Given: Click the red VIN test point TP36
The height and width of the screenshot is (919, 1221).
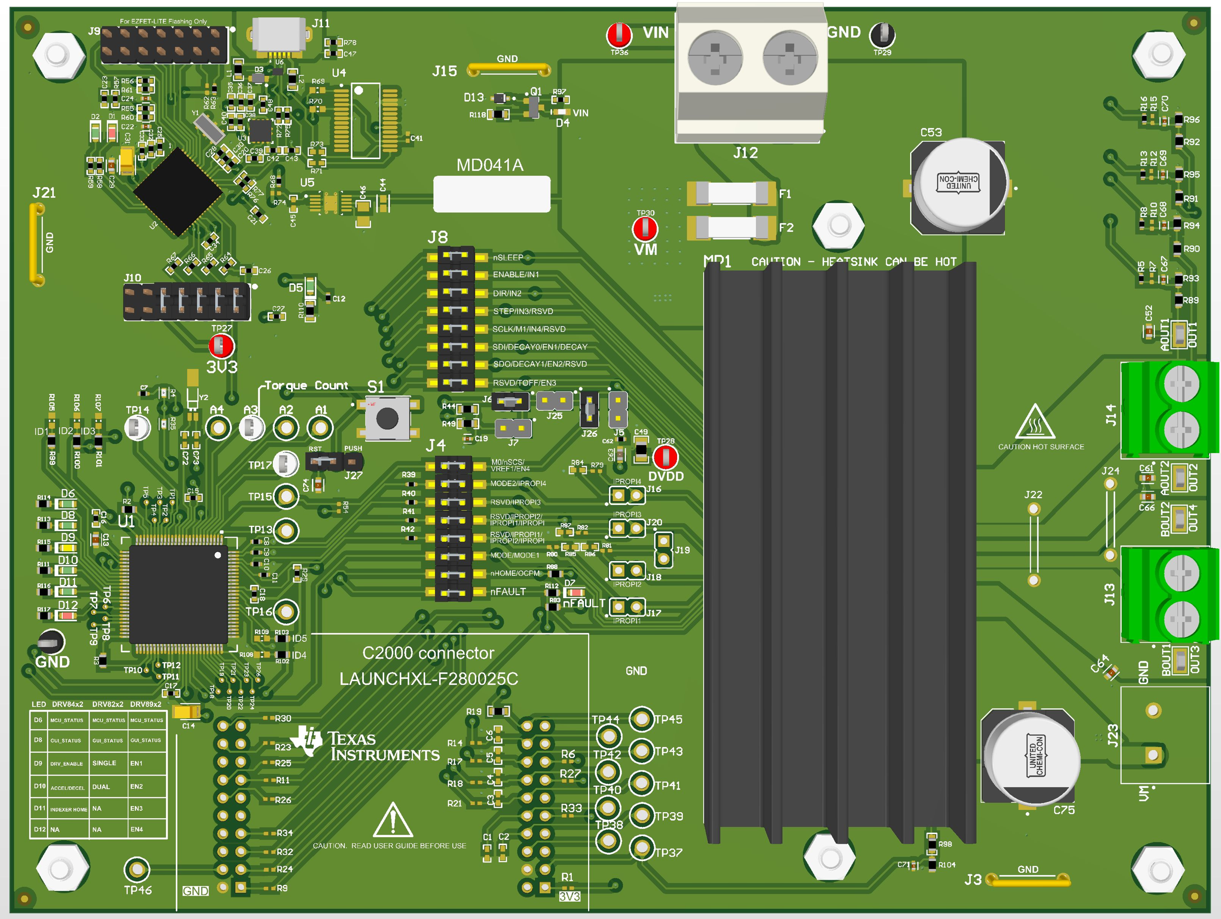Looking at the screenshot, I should tap(619, 35).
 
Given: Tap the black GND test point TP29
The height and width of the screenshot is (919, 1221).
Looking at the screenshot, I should tap(882, 35).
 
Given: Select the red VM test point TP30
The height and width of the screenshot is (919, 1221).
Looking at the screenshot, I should tap(645, 228).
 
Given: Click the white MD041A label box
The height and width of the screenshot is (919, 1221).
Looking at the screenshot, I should tap(491, 194).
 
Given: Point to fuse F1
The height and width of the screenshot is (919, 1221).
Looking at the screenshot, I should tap(732, 193).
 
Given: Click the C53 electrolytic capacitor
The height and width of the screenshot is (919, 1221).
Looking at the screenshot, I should tap(959, 186).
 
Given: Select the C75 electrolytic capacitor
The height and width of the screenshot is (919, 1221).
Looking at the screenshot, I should tap(1031, 756).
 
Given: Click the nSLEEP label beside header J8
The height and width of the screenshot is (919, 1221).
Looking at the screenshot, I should tap(508, 258).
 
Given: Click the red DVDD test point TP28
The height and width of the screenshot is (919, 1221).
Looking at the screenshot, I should tap(665, 457).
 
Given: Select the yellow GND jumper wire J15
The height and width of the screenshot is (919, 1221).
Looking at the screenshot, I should tap(508, 70).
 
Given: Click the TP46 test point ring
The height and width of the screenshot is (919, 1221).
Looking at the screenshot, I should tap(136, 869).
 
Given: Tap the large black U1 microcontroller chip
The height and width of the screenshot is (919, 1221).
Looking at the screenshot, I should tap(178, 595).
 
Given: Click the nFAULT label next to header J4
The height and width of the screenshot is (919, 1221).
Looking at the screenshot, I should tap(508, 591).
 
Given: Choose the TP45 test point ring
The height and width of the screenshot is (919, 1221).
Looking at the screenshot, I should tap(642, 719).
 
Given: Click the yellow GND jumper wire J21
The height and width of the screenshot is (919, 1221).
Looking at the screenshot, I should tap(37, 244).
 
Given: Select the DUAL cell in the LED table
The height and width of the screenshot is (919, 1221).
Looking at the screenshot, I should tap(101, 787).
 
